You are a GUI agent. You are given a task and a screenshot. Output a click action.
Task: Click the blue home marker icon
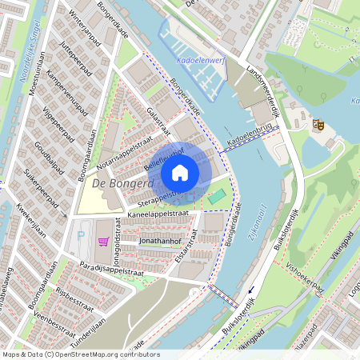179,173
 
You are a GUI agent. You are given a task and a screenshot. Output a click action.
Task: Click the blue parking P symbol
81,237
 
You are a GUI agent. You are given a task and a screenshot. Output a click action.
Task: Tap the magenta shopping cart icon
103,241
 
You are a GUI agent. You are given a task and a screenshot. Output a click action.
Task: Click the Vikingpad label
336,239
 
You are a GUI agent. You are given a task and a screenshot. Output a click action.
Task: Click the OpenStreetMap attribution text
81,354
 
